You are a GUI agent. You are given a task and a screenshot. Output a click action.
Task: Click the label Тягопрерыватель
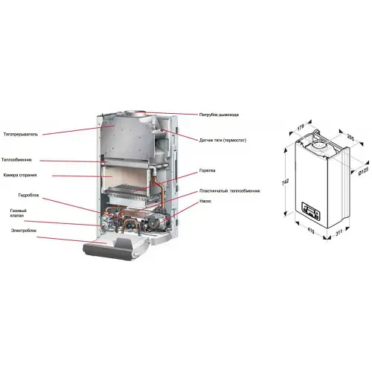[x=21, y=135]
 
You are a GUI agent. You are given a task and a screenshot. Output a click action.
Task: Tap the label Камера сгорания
[x=19, y=175]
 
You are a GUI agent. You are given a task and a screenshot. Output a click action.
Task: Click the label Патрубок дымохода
[x=220, y=115]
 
